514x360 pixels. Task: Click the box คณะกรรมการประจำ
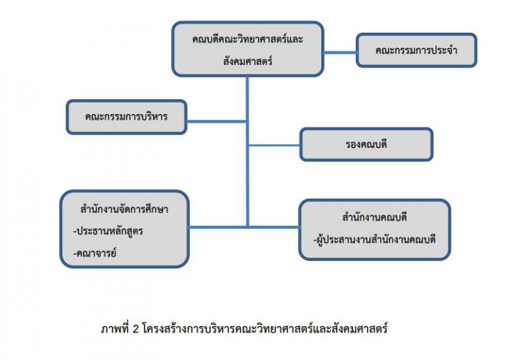(x=416, y=50)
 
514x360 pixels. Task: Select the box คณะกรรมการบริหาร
(x=126, y=117)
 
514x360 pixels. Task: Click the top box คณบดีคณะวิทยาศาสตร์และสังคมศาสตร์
(x=247, y=50)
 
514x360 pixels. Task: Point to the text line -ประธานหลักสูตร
(x=109, y=231)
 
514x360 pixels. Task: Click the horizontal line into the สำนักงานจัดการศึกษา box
(x=218, y=226)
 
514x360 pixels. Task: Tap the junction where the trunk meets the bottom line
(x=247, y=226)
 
